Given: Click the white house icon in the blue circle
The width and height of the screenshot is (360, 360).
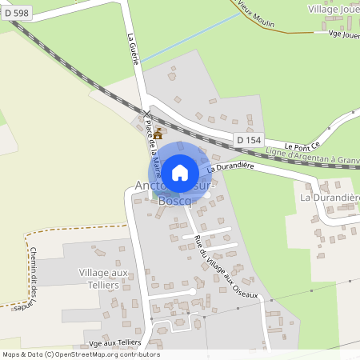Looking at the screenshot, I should (180, 172).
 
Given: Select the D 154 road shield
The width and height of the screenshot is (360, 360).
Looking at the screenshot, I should (249, 140).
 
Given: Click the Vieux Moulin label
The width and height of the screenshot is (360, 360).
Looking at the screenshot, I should (258, 16).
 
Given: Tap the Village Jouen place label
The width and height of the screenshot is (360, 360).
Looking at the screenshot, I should (334, 8).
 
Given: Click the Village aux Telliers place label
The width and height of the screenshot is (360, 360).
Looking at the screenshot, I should (104, 279).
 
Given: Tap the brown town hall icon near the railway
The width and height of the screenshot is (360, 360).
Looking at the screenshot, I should (158, 133).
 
